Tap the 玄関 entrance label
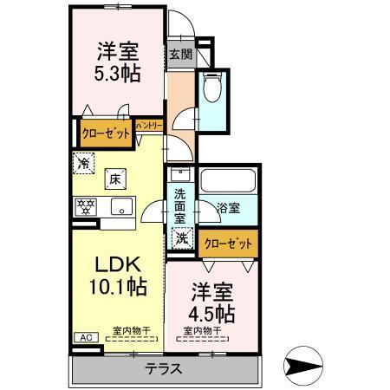click(179, 54)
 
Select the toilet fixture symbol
click(212, 88)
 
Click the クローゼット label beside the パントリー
click(106, 133)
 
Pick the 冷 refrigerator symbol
click(84, 161)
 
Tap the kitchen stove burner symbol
click(85, 205)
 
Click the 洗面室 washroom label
click(179, 207)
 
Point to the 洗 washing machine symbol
click(181, 237)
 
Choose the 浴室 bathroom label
click(228, 208)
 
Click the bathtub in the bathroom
click(227, 182)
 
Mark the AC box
click(85, 337)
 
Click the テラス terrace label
click(164, 368)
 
